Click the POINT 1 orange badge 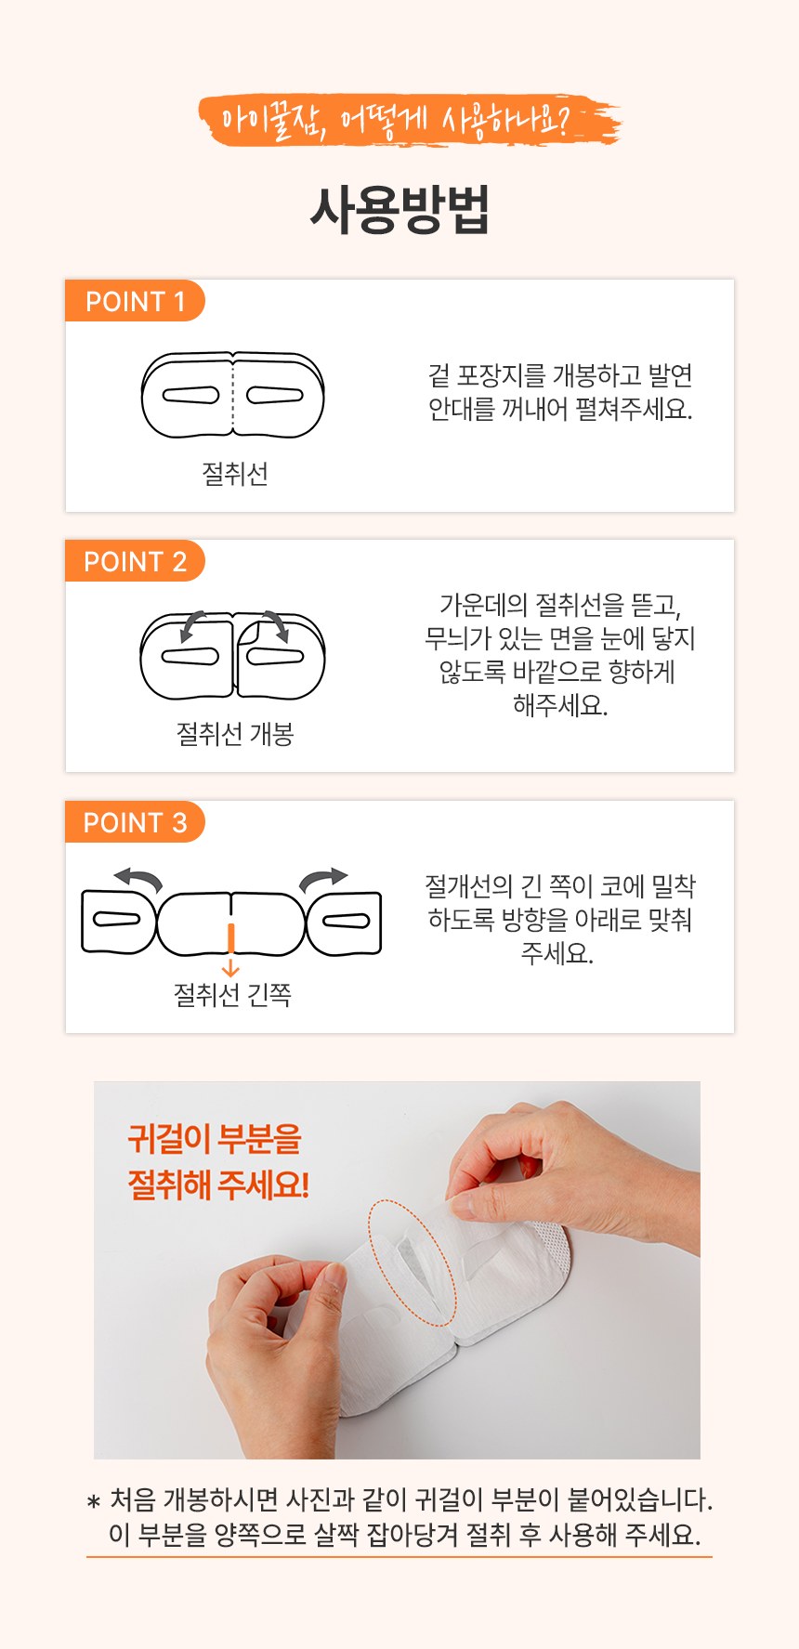point(135,301)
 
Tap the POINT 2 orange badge point(135,561)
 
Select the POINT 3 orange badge point(135,822)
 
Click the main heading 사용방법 point(399,210)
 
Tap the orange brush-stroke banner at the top point(409,121)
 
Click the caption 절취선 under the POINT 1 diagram point(235,474)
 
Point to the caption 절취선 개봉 point(235,734)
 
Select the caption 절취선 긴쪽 point(232,995)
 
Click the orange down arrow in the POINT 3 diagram point(231,950)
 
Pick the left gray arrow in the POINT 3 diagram point(138,879)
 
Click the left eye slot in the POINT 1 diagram point(191,395)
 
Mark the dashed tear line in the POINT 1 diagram point(232,395)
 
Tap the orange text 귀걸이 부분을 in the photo point(215,1139)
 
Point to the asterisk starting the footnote point(93,1502)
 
